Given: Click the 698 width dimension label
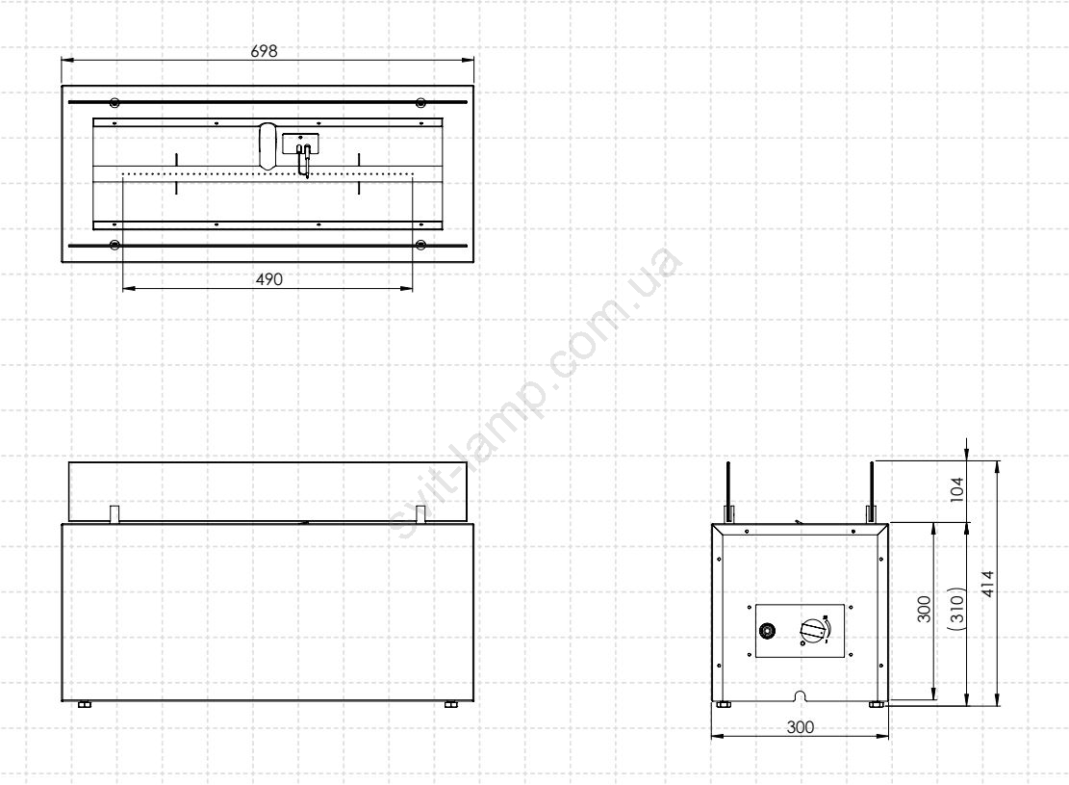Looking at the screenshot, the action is pos(264,51).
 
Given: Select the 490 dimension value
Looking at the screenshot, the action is pos(268,279).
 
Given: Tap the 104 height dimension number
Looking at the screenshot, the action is pos(957,489).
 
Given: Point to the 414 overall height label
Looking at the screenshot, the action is pos(988,584).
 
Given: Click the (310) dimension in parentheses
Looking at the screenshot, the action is pos(957,608).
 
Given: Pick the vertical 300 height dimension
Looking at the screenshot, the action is pos(924,609).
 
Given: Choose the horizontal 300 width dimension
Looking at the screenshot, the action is pos(800,727).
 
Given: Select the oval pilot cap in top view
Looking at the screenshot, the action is pos(267,145).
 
